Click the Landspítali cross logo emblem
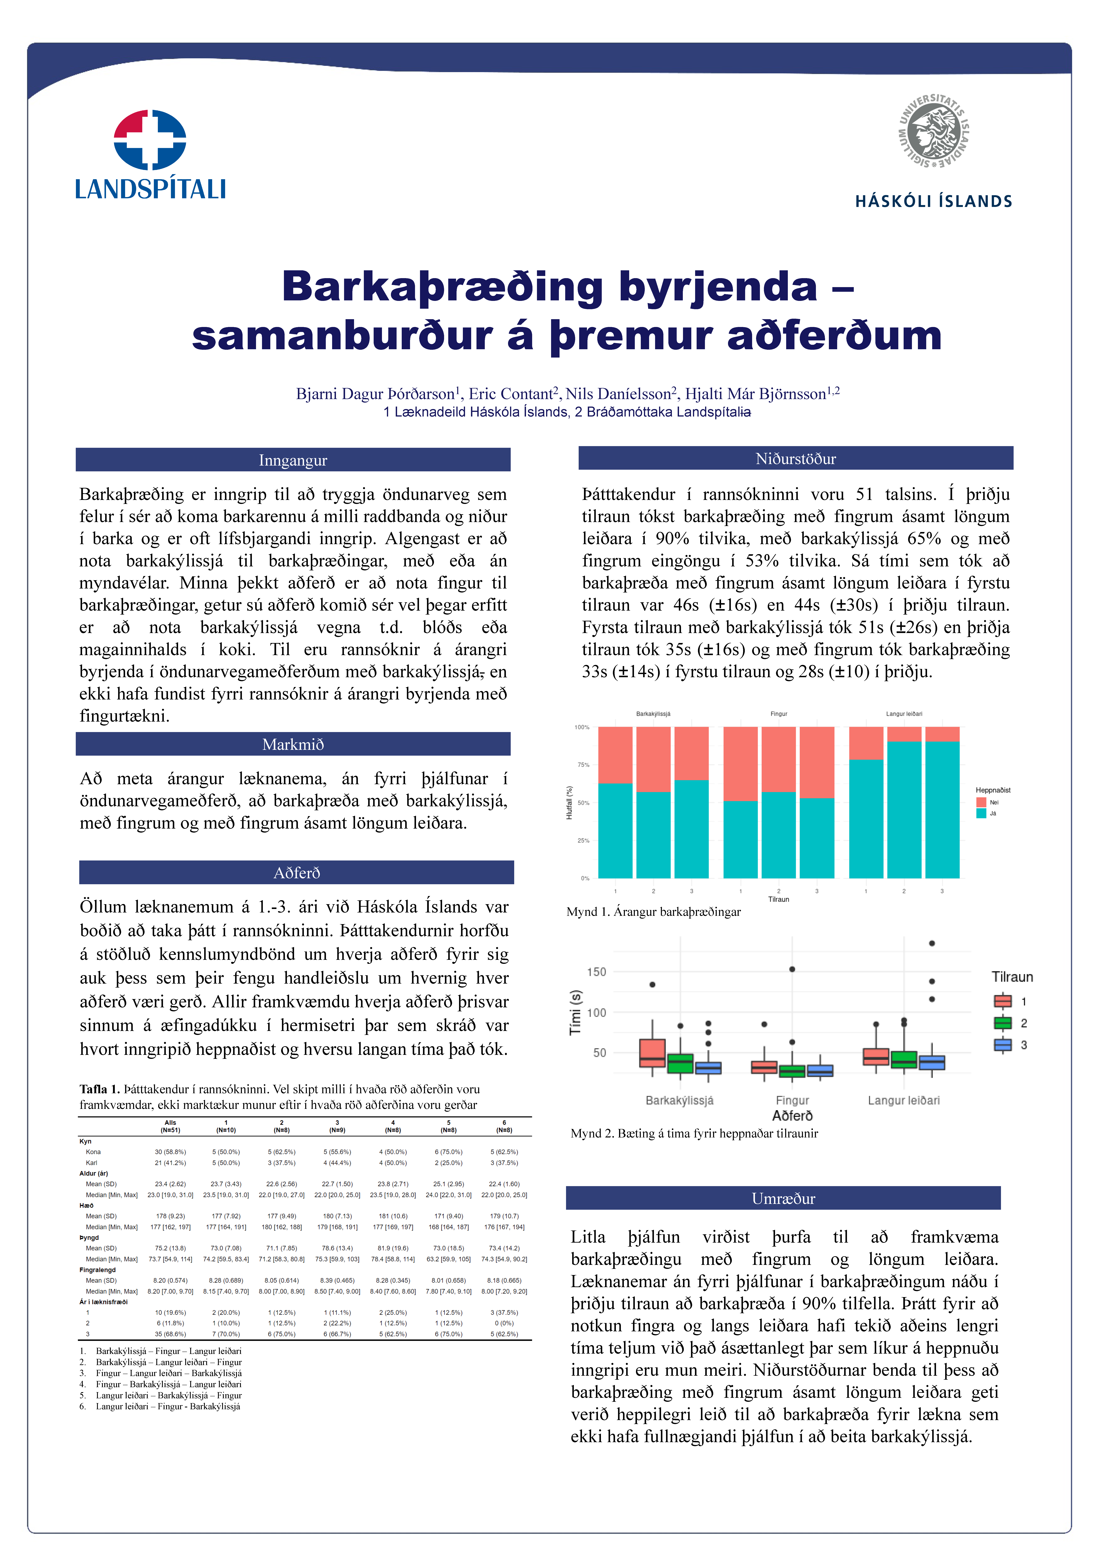coord(150,140)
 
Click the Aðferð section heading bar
coord(296,873)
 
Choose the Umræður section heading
coord(783,1198)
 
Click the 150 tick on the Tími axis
coord(596,972)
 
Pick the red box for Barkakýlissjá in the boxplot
coord(652,1053)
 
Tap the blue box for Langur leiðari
coord(932,1062)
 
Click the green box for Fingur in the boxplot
coord(792,1071)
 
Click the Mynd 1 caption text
coord(653,912)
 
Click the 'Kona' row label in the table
coord(93,1152)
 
